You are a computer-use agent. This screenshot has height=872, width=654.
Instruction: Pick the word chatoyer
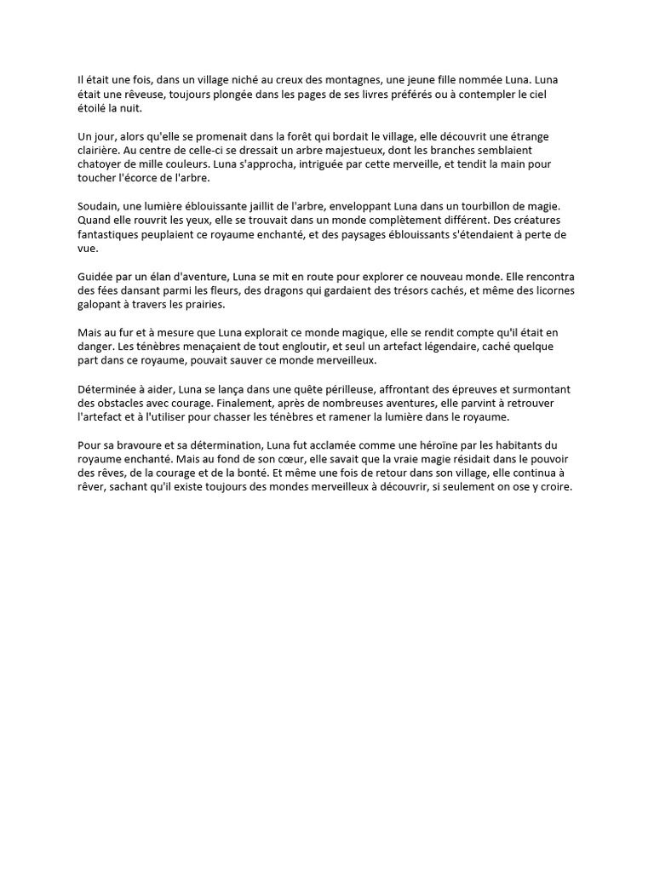(x=100, y=165)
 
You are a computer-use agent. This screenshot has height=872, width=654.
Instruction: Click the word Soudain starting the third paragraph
(x=98, y=207)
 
